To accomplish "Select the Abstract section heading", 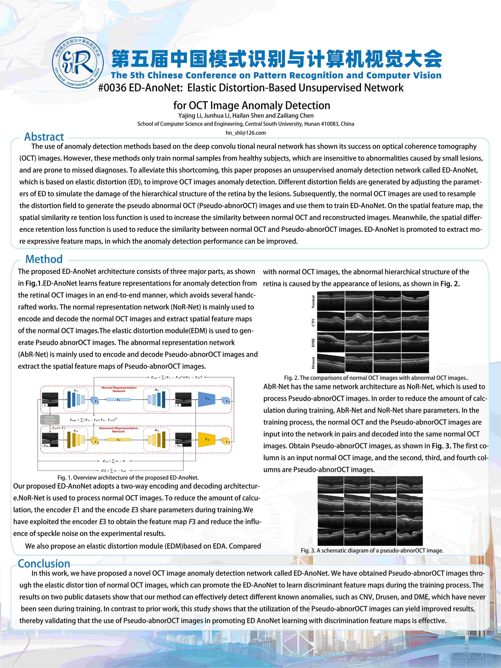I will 44,137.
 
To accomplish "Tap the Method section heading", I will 44,259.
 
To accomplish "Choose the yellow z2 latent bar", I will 118,440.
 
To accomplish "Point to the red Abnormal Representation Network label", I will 118,430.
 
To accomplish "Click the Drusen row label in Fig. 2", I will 313,363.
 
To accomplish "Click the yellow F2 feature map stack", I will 95,441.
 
